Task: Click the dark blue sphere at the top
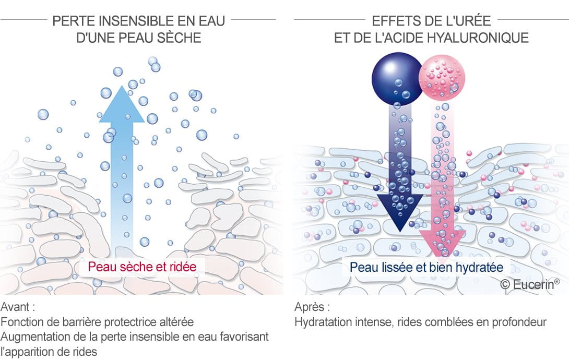[397, 79]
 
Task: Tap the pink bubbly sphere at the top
[442, 78]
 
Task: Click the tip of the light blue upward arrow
[122, 86]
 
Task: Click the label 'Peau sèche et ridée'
[142, 267]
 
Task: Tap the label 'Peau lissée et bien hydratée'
[426, 268]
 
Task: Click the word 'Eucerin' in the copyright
[533, 284]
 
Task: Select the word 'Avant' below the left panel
[15, 307]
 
